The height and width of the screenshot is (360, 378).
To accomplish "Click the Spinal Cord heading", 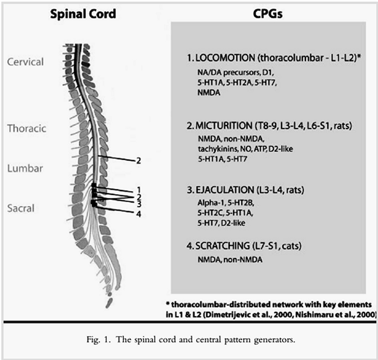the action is pos(83,14).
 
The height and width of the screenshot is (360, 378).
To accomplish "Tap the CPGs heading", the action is pos(268,14).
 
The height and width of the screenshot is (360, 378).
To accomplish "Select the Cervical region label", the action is pos(25,62).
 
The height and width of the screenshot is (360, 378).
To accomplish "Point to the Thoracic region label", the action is pos(26,128).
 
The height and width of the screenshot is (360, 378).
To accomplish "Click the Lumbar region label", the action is pos(25,168).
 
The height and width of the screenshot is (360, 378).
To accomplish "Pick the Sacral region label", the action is pos(21,208).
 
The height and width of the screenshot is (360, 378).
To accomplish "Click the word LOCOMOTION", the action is pos(225,58).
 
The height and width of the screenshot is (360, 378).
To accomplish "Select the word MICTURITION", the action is pos(224,125).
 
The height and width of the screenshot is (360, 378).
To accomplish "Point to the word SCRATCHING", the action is pos(223,246).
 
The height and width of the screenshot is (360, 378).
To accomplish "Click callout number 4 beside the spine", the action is pos(139,214).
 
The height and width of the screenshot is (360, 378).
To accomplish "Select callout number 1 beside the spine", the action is pos(139,190).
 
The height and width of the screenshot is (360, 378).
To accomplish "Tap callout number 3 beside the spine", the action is pos(139,204).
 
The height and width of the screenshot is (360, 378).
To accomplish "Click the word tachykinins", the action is pos(218,149).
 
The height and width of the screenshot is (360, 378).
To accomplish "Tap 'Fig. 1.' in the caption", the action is pos(99,340).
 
